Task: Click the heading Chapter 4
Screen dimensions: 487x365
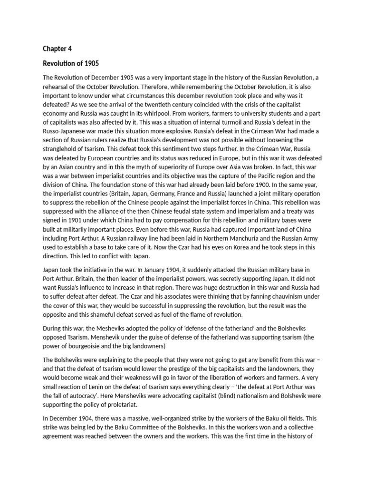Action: coord(58,49)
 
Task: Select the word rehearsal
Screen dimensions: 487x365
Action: coord(57,86)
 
